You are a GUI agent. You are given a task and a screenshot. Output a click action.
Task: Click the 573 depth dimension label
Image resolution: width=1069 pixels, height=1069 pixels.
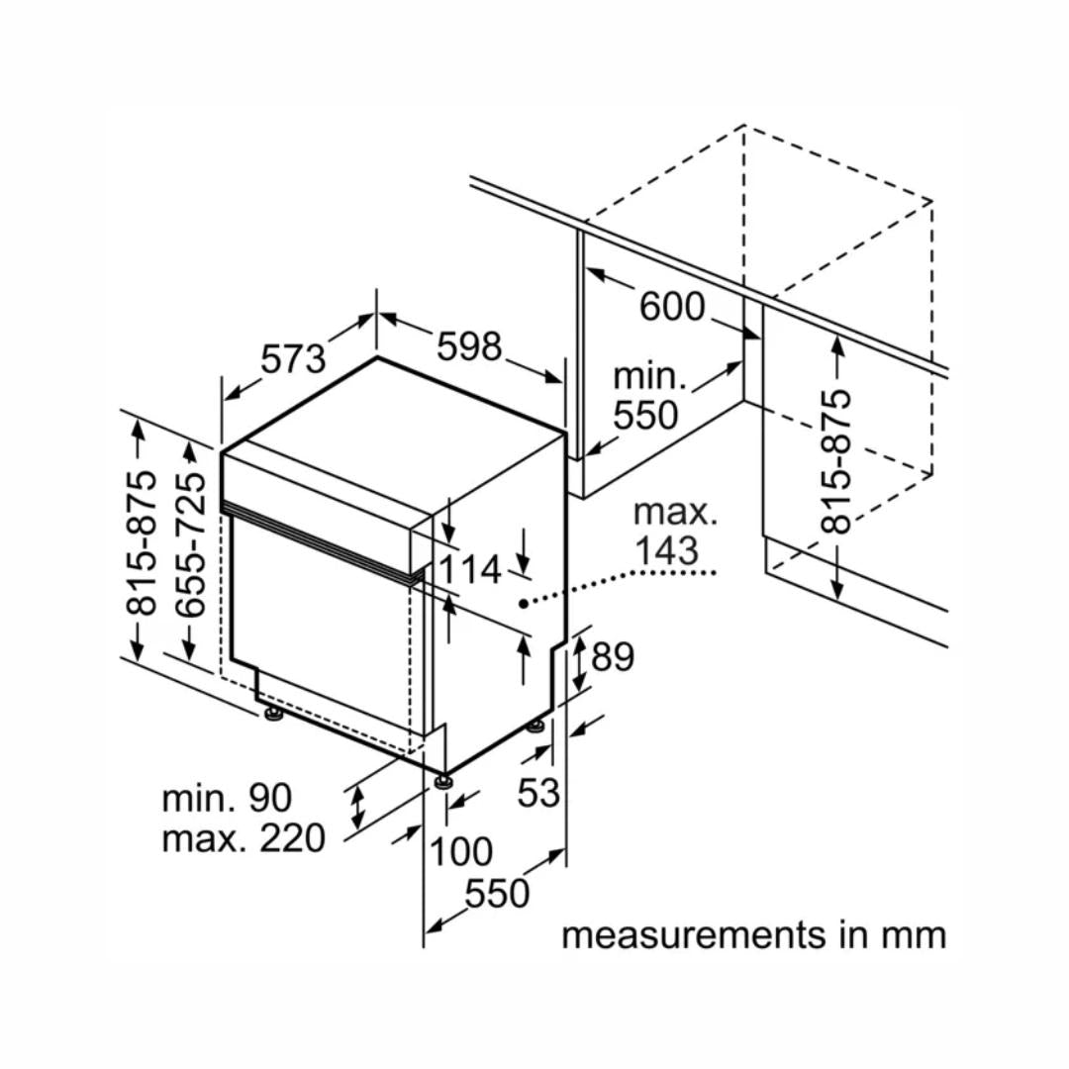[294, 358]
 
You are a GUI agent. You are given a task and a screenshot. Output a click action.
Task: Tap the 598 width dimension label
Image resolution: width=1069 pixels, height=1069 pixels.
[469, 346]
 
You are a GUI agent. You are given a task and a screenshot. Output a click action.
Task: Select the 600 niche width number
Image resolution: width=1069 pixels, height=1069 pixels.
[672, 307]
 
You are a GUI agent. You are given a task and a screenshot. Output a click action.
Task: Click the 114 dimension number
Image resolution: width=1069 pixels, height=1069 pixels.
[470, 570]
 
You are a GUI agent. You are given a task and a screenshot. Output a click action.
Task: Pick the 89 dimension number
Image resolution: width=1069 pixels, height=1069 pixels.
[612, 656]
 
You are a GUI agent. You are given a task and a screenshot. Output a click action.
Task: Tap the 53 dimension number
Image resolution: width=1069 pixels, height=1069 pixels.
[539, 792]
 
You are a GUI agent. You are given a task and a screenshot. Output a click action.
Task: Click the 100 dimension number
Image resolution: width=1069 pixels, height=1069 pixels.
[461, 850]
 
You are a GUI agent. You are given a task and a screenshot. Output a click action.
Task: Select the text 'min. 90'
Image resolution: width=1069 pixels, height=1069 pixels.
[227, 798]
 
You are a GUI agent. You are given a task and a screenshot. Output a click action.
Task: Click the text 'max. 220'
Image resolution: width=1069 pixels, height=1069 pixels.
[243, 839]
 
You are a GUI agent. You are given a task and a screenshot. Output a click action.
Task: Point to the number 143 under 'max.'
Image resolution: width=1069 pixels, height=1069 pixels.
[666, 550]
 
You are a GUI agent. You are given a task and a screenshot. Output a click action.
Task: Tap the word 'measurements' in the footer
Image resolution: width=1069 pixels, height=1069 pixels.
[693, 933]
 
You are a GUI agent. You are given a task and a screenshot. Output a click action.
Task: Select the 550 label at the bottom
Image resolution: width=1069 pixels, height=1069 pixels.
[498, 894]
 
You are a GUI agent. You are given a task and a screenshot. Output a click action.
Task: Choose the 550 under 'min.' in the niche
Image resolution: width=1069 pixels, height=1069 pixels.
[646, 416]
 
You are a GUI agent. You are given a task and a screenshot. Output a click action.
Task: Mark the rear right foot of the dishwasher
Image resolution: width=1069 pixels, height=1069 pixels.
[537, 728]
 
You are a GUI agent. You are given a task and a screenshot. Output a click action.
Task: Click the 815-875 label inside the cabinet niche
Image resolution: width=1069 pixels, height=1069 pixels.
[836, 461]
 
